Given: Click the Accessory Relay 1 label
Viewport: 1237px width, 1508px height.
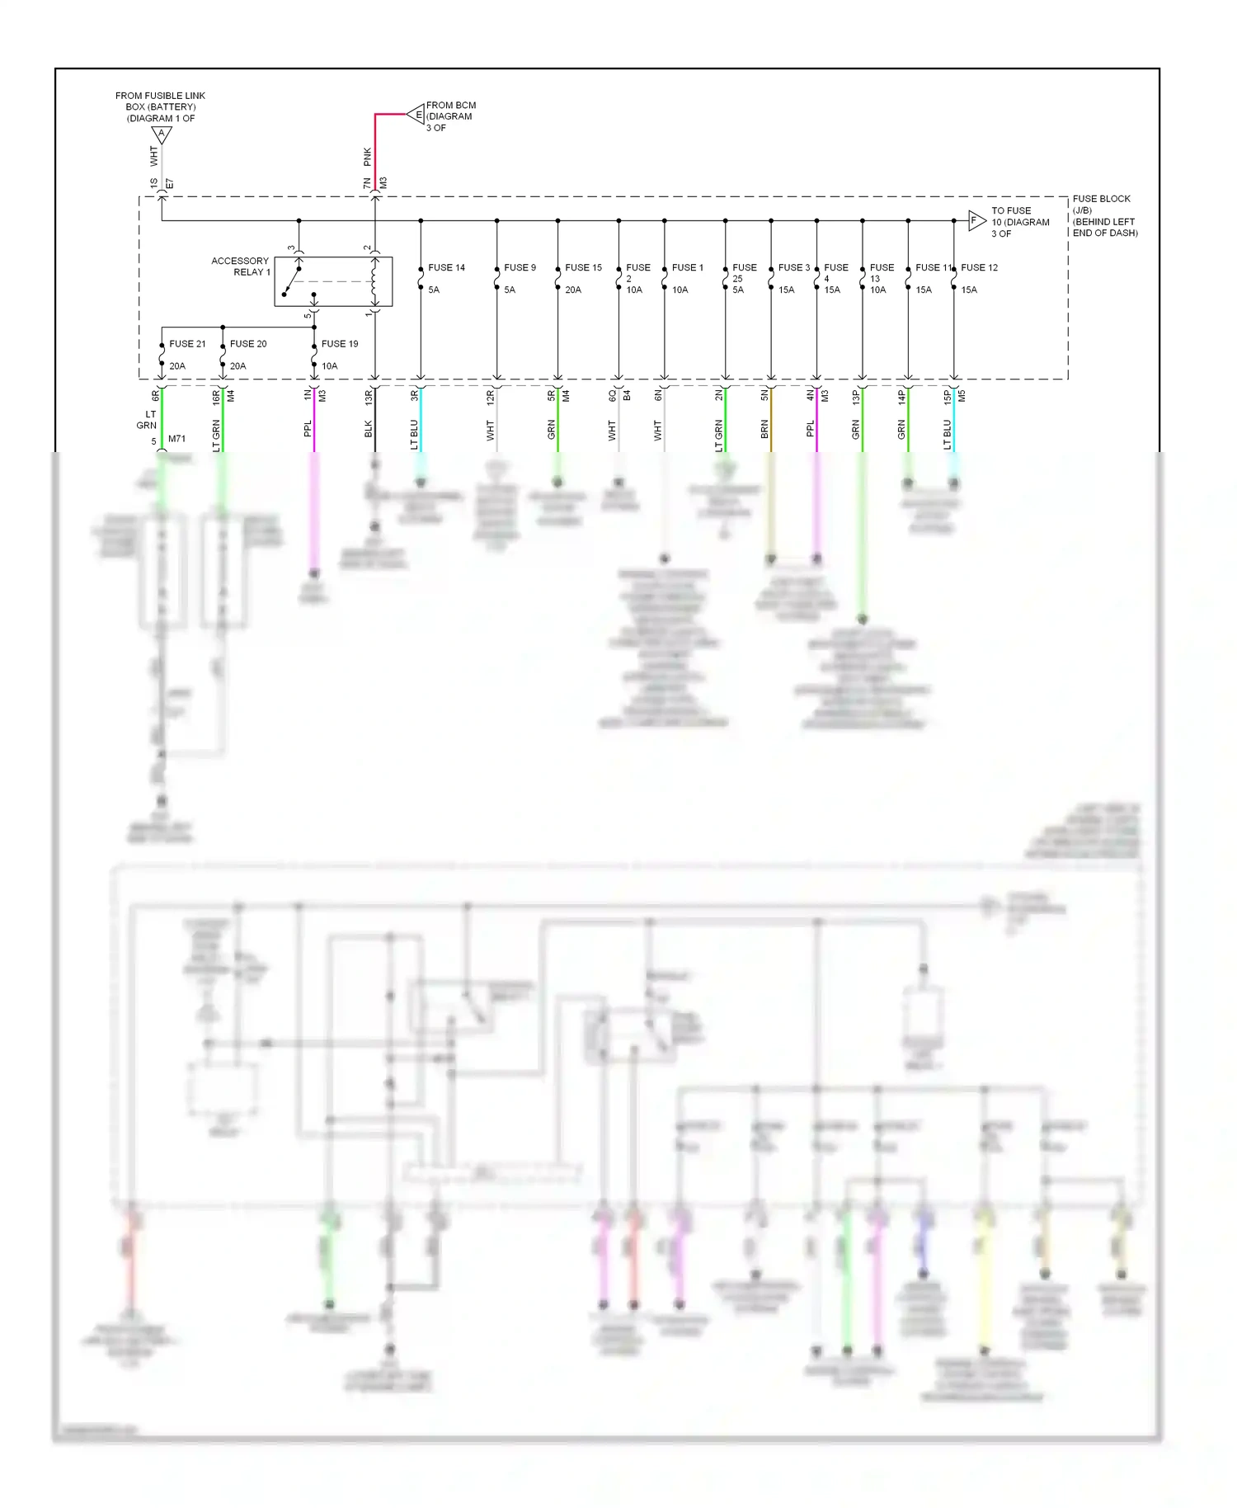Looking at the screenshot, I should pos(240,266).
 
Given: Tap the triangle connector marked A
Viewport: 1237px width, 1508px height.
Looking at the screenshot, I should pos(162,134).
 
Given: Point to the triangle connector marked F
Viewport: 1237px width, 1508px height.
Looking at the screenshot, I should pos(976,220).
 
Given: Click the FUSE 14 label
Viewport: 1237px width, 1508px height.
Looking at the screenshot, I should pos(446,267).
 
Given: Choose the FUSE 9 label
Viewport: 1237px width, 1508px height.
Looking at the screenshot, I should pos(520,267).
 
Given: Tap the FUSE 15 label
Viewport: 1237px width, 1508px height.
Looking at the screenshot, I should pos(583,267).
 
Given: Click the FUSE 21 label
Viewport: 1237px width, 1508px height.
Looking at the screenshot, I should pos(187,343).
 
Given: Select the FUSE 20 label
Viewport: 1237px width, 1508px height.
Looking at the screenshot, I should pos(248,343).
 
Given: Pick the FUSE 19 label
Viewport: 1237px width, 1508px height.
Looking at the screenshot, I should pos(340,343).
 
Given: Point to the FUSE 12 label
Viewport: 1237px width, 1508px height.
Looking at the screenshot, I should pos(980,267).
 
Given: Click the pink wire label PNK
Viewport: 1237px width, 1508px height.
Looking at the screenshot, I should pos(368,157).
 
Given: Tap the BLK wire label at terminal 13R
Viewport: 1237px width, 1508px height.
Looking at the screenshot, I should pos(369,429).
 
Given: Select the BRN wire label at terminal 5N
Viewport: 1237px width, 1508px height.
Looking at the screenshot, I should pos(764,429).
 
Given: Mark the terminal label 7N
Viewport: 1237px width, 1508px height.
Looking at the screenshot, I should pos(368,183).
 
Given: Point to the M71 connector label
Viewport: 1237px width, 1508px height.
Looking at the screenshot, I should pos(176,439).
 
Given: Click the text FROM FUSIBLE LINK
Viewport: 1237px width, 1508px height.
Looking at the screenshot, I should pos(160,96).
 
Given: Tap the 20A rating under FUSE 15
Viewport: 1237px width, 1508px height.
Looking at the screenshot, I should pos(573,290).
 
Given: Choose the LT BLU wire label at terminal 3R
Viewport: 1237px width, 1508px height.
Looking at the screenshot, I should pos(414,435).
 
